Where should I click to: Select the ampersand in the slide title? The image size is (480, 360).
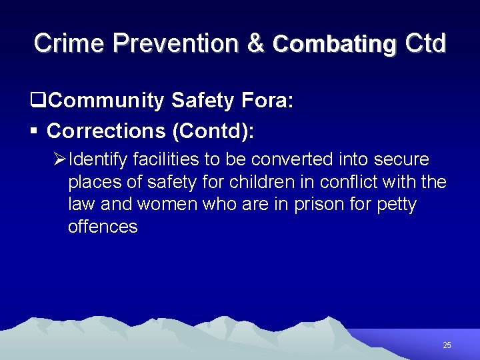click(x=255, y=43)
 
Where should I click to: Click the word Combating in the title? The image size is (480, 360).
click(x=334, y=44)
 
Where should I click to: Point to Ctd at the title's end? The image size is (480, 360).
click(x=424, y=43)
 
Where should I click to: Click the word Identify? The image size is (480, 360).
click(x=98, y=161)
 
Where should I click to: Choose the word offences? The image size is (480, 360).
click(x=103, y=227)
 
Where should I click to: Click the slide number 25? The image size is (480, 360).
click(x=447, y=345)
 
